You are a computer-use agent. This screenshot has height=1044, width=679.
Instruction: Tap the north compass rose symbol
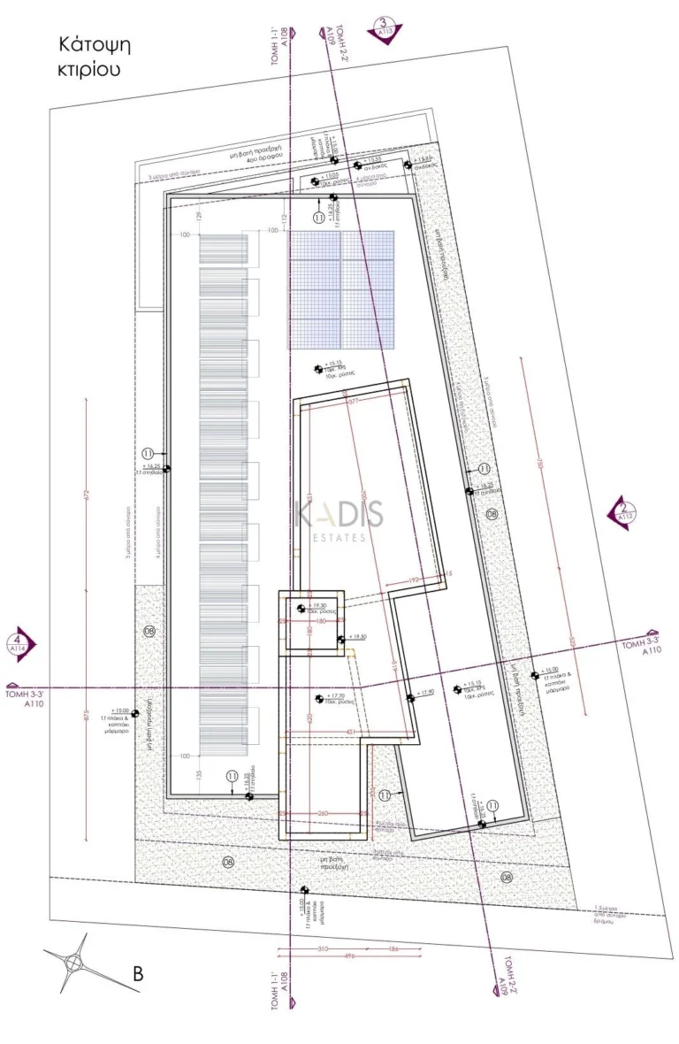pyautogui.click(x=70, y=963)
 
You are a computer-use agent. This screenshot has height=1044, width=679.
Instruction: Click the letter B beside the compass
pyautogui.click(x=138, y=974)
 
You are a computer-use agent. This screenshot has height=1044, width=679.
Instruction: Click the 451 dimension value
pyautogui.click(x=350, y=732)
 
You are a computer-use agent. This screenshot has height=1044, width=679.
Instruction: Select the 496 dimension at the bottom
pyautogui.click(x=324, y=956)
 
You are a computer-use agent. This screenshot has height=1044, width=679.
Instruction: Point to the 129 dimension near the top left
pyautogui.click(x=199, y=217)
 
